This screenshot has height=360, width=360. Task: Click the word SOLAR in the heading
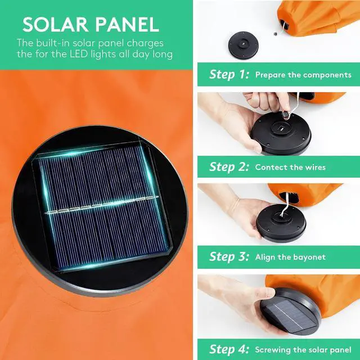55,24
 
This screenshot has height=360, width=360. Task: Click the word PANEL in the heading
127,24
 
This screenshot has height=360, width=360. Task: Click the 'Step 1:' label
229,75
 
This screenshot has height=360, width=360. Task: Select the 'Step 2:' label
229,167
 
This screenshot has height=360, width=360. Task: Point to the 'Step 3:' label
229,256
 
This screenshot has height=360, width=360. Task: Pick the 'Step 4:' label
229,349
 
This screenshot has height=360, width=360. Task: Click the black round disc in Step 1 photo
244,45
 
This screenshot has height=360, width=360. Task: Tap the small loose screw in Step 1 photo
276,34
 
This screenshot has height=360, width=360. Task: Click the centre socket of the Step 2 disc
281,128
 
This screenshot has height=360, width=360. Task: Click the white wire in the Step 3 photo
285,204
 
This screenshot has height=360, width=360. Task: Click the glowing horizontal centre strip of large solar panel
101,205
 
